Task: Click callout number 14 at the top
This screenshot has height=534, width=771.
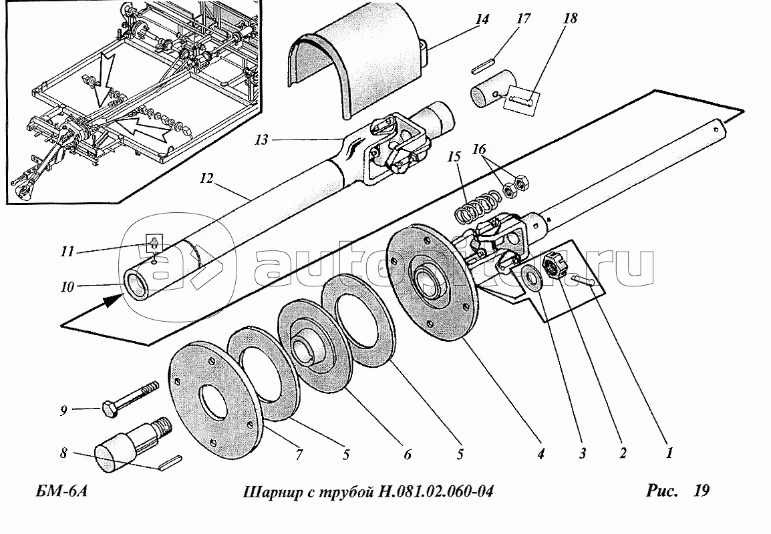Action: pyautogui.click(x=482, y=19)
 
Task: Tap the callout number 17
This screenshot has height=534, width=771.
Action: pyautogui.click(x=523, y=19)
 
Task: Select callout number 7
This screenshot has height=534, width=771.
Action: pyautogui.click(x=298, y=455)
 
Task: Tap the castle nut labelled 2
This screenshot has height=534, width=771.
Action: pyautogui.click(x=555, y=267)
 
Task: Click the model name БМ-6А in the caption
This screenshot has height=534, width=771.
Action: pyautogui.click(x=61, y=492)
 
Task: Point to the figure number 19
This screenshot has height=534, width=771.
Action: pyautogui.click(x=701, y=491)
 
